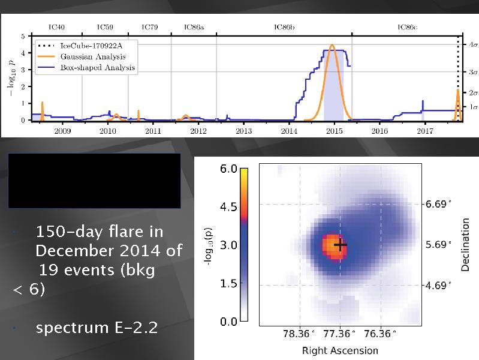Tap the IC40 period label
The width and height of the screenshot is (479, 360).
coord(56,27)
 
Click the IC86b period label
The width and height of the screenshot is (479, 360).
coord(285,27)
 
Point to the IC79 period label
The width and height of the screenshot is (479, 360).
coord(149,27)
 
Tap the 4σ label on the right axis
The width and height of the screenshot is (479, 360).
coord(472,45)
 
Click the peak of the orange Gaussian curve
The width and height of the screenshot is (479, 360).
coord(332,45)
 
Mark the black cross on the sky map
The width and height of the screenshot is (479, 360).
coord(341,245)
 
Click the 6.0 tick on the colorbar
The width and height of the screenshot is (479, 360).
coord(229,170)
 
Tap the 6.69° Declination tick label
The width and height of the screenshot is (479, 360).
coord(438,205)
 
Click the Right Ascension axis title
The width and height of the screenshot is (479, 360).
coord(340,350)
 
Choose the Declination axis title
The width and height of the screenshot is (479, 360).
coord(465,244)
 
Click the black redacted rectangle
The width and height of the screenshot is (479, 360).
coord(94,181)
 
